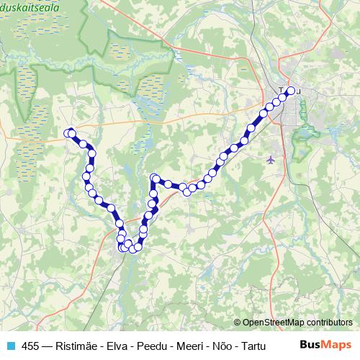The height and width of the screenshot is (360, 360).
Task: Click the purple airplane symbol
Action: click(271, 159)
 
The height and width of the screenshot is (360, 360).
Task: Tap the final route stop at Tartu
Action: click(292, 91)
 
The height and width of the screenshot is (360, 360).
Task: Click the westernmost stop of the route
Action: click(69, 132)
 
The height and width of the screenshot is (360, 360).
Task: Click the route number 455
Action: click(31, 346)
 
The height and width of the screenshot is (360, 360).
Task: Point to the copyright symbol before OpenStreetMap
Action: click(238, 323)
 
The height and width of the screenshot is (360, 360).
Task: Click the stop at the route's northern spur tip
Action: click(153, 177)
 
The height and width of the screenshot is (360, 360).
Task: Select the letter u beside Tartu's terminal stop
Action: click(299, 91)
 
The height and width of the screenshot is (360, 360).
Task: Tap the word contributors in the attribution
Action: click(329, 323)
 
